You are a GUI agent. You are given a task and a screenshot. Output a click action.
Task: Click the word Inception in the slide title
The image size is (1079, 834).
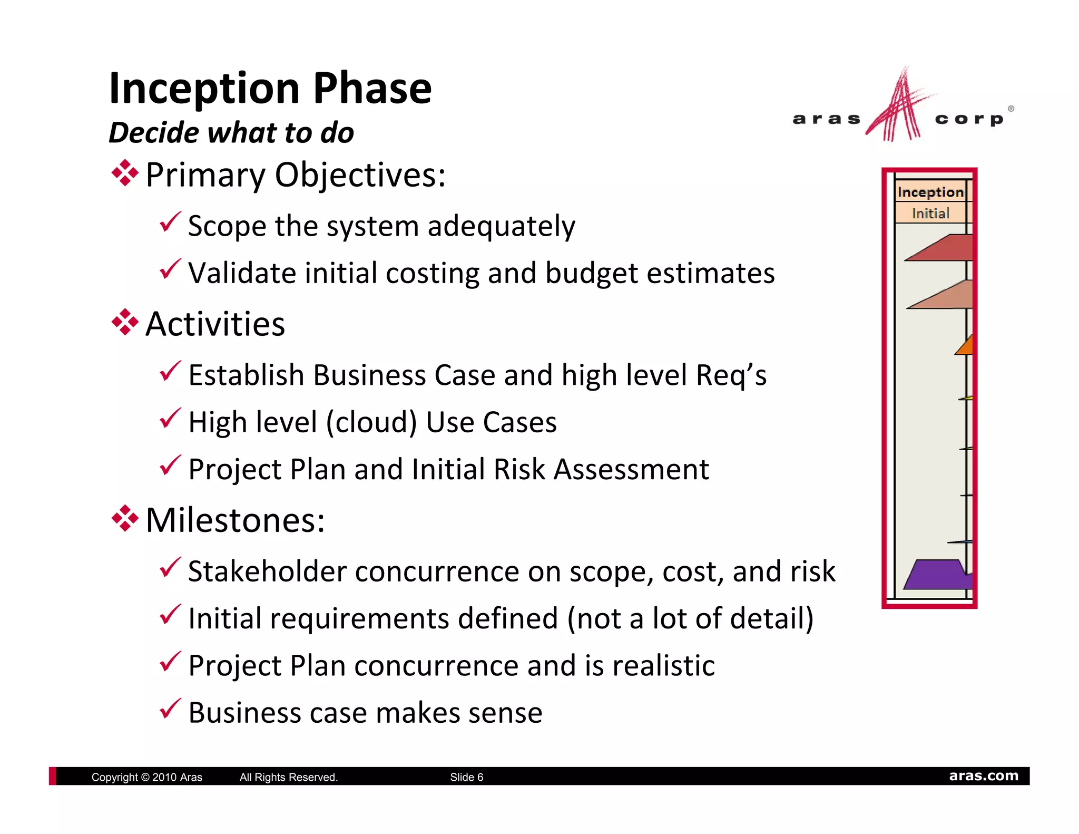click(204, 89)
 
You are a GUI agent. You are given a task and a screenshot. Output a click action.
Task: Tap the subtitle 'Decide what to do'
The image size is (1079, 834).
click(231, 132)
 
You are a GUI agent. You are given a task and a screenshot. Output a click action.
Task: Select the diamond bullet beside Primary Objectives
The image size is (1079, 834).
click(125, 173)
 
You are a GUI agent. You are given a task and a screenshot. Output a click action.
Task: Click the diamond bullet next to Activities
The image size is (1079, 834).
click(125, 322)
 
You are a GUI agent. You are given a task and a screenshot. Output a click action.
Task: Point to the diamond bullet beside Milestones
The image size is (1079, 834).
click(125, 519)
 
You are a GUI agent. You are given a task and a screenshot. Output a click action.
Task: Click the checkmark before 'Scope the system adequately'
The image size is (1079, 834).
click(170, 222)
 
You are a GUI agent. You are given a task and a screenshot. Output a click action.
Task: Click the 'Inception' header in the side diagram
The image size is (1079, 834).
click(930, 192)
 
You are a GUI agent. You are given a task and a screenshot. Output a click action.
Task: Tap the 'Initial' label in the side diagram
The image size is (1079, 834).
click(930, 213)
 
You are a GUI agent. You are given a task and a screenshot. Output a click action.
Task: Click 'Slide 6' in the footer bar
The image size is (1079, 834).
click(466, 777)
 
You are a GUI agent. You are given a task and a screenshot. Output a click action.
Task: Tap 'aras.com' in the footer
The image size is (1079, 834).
click(983, 776)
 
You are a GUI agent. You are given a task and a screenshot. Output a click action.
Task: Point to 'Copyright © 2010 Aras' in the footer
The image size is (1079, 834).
click(146, 777)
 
